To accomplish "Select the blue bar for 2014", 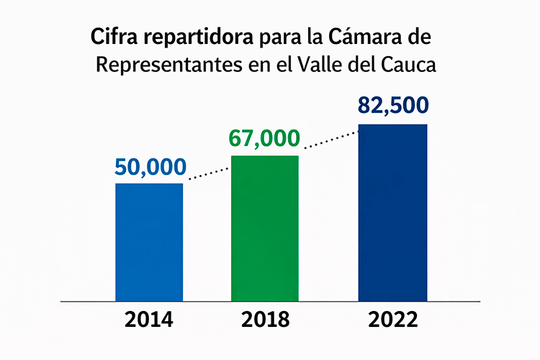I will pyautogui.click(x=149, y=242).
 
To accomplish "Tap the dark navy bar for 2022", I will pyautogui.click(x=392, y=212).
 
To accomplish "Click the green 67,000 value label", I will pyautogui.click(x=264, y=138).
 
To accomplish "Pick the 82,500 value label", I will pyautogui.click(x=392, y=106).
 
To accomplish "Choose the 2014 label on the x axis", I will pyautogui.click(x=149, y=320).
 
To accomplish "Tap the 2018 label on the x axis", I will pyautogui.click(x=264, y=320).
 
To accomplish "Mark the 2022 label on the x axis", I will pyautogui.click(x=392, y=320).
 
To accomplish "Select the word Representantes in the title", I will pyautogui.click(x=159, y=65).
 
